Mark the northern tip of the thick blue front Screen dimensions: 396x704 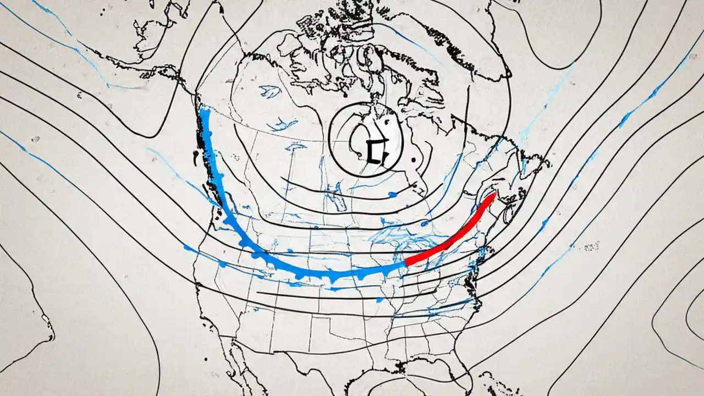pos(206,112)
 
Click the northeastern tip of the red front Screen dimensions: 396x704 pos(493,195)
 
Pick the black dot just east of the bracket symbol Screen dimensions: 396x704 pos(412,161)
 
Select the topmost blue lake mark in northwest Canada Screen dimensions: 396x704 pos(269,91)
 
